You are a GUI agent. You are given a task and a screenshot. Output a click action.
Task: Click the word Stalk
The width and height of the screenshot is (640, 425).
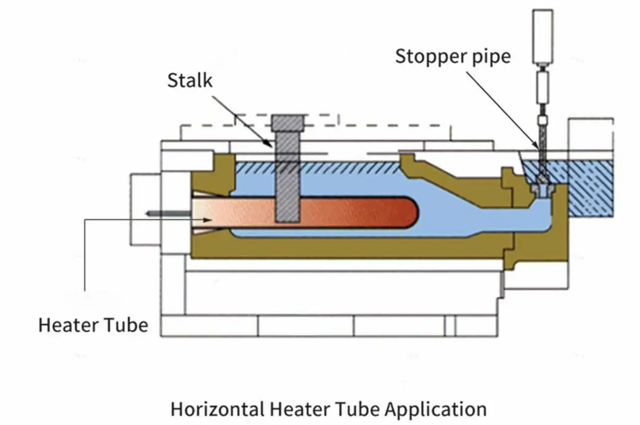coord(190,80)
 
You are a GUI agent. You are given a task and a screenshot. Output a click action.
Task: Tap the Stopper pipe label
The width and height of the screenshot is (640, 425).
coord(452,57)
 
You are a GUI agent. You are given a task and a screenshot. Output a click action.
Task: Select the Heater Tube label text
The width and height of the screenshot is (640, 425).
coord(93,325)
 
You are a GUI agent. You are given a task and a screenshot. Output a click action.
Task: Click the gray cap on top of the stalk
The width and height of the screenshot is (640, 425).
coord(287,123)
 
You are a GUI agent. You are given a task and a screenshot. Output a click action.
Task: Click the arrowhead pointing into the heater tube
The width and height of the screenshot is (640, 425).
coord(208,220)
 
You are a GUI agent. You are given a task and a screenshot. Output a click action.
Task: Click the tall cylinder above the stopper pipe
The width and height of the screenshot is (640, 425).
coord(542,36)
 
